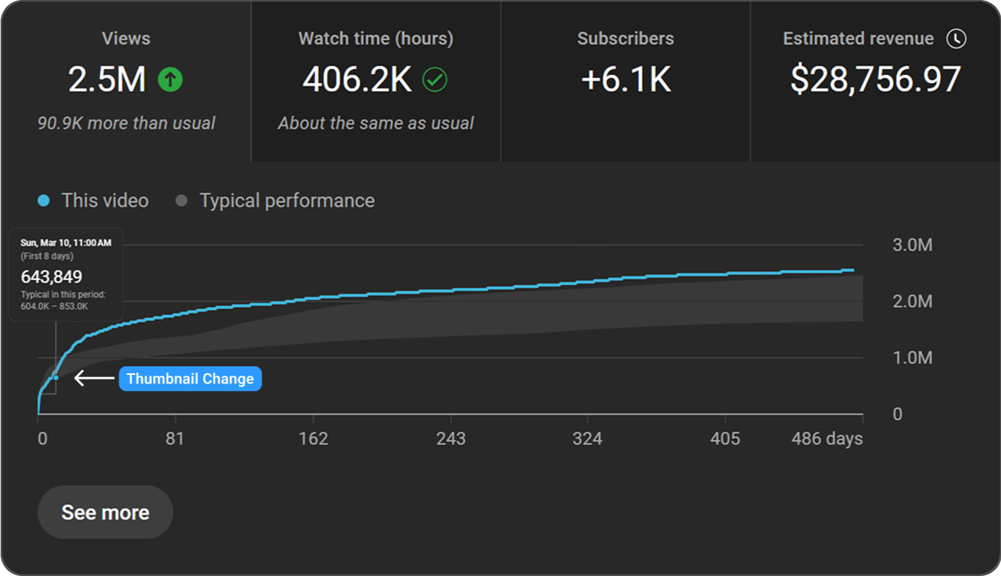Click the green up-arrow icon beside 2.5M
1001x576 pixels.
click(170, 79)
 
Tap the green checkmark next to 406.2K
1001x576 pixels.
click(435, 79)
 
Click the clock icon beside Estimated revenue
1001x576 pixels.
click(956, 38)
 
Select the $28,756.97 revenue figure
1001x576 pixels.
click(875, 79)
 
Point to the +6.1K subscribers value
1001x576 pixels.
click(626, 79)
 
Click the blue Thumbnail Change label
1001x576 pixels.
click(190, 379)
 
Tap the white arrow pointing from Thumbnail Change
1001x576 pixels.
click(94, 379)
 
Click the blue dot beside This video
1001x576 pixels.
click(44, 201)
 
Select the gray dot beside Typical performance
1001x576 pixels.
click(181, 201)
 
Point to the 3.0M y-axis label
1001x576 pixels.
click(912, 245)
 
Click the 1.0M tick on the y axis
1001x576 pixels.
click(912, 358)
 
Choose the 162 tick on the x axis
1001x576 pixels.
click(313, 438)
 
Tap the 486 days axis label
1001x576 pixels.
click(827, 438)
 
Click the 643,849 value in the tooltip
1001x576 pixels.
click(52, 276)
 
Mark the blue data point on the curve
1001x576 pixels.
click(56, 377)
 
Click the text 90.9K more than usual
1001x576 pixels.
click(126, 123)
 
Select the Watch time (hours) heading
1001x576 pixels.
click(375, 38)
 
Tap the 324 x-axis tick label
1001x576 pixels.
click(587, 438)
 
